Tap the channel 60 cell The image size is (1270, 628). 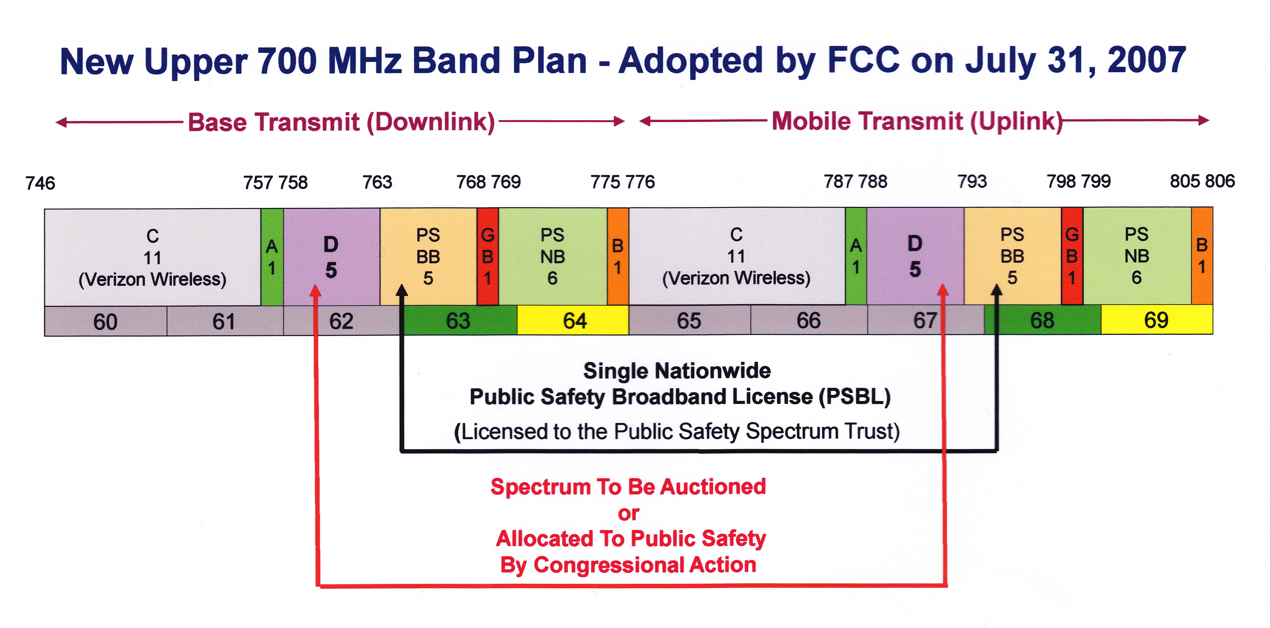[x=106, y=321]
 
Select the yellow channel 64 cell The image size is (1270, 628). [x=573, y=320]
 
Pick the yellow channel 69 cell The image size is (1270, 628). [x=1157, y=319]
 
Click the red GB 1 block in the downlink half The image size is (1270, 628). [x=488, y=256]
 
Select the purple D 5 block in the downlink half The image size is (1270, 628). [x=331, y=257]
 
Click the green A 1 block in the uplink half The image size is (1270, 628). [x=856, y=256]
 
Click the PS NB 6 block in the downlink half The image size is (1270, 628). [x=553, y=256]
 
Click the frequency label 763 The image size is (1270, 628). [x=377, y=182]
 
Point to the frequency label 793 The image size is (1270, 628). [x=972, y=181]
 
